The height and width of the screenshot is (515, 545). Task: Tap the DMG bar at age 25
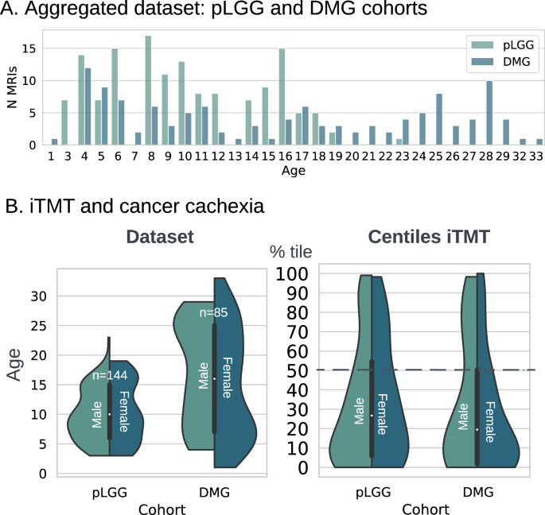point(439,119)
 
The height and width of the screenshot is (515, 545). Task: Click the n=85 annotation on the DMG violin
point(213,313)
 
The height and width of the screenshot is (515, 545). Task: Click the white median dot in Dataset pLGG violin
point(111,414)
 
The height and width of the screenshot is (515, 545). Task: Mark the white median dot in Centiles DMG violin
point(477,429)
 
